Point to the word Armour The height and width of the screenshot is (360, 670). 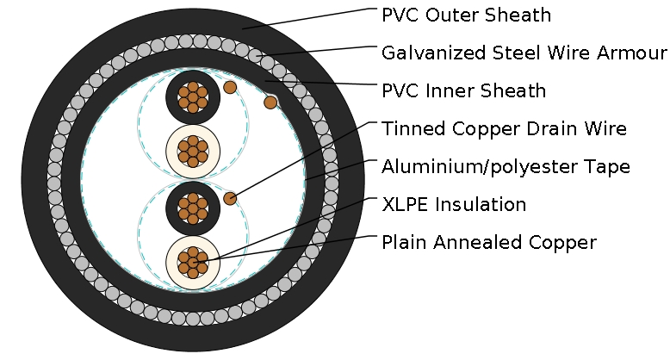(x=636, y=53)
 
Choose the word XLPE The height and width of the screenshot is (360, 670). (x=406, y=205)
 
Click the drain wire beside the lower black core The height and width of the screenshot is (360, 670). (x=230, y=198)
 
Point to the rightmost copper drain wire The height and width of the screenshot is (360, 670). (x=270, y=102)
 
